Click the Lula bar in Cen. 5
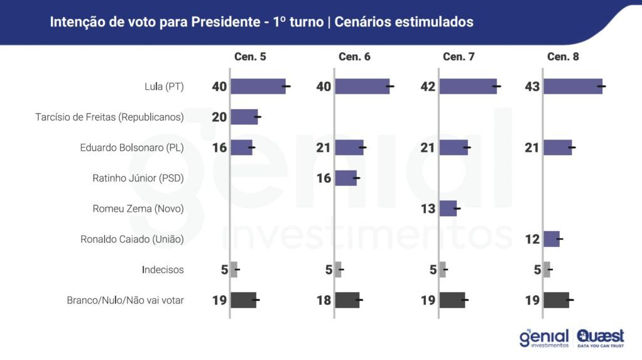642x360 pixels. pos(258,86)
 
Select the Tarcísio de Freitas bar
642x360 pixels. pos(244,117)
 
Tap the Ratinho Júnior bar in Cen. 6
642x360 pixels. pos(345,178)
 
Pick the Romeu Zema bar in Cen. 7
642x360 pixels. pos(448,208)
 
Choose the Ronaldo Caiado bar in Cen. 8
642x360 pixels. pos(552,239)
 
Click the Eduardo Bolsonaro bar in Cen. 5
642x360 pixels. pos(241,148)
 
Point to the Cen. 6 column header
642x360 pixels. pos(354,57)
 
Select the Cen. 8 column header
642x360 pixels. pos(563,57)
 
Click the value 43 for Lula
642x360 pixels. pos(532,87)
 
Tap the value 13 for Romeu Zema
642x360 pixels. pos(428,209)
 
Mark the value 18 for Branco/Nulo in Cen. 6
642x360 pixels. pos(324,300)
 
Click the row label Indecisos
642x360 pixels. pos(163,270)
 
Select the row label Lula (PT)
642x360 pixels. pos(164,87)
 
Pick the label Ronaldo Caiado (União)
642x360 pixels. pos(132,239)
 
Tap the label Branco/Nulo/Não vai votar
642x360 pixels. pos(125,300)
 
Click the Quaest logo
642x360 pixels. pos(601,337)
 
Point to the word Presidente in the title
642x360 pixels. pos(222,22)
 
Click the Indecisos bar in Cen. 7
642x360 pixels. pos(442,270)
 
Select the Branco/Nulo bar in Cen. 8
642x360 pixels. pos(556,300)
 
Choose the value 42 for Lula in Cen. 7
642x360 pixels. pos(428,87)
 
